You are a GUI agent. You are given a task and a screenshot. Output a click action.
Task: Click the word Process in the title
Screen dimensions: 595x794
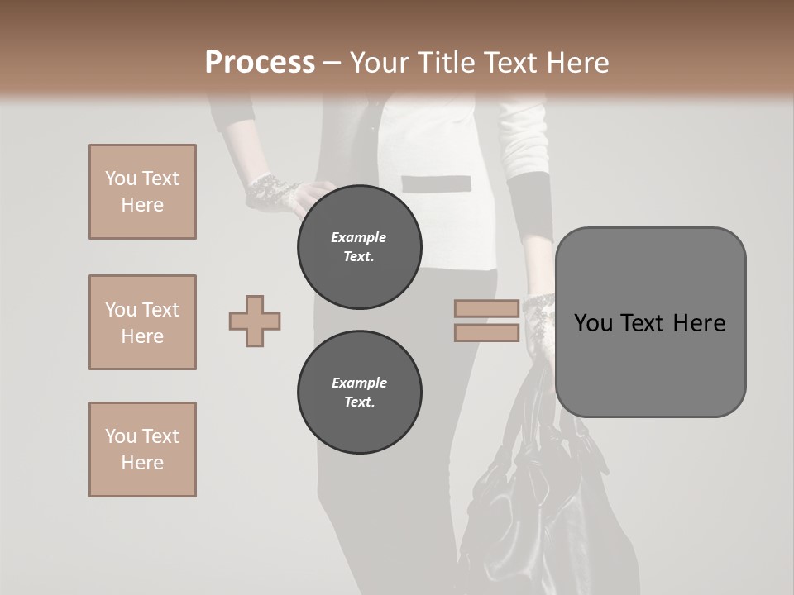click(x=260, y=63)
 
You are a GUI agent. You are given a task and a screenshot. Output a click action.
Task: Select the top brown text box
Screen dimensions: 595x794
click(x=142, y=192)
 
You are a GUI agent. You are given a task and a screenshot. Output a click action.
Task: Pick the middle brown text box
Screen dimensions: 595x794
click(x=142, y=322)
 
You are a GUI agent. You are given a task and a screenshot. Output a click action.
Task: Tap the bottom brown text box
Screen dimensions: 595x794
click(x=142, y=450)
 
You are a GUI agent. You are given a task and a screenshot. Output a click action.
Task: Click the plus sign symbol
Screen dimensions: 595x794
click(x=255, y=321)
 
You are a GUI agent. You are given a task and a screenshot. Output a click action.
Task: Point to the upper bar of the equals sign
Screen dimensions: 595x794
click(x=486, y=309)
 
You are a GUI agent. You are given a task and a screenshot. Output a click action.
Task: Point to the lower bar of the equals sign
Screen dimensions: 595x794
click(x=486, y=332)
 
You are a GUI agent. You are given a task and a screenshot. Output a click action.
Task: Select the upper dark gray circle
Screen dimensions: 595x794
click(x=360, y=247)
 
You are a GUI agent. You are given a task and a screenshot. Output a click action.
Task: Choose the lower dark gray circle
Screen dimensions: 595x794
click(x=360, y=393)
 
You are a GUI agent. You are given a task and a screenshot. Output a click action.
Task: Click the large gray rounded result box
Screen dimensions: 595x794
click(x=650, y=364)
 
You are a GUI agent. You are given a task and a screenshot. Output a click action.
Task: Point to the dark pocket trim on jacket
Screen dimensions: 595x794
click(x=436, y=183)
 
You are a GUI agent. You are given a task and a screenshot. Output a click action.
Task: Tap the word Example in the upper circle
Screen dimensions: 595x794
click(x=358, y=237)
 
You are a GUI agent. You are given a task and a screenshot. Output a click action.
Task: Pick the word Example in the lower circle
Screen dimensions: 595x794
click(x=359, y=383)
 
